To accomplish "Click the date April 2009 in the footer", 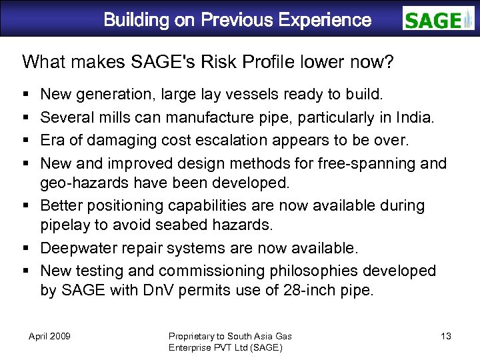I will coord(50,336).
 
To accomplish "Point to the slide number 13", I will coord(446,336).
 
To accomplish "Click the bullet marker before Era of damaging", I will coord(25,140).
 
